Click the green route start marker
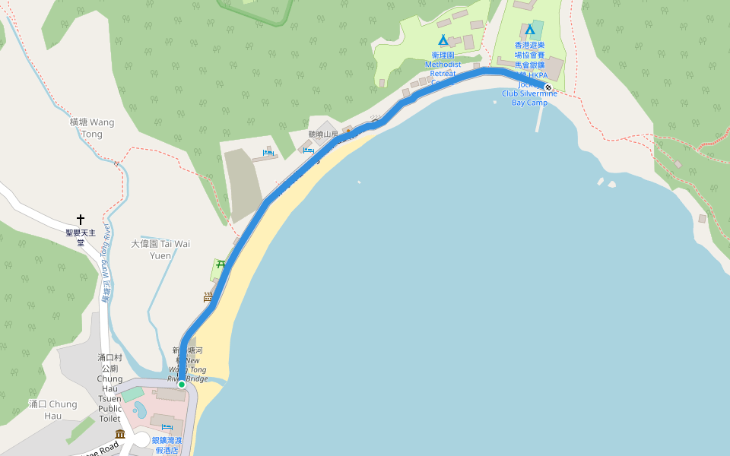click(182, 385)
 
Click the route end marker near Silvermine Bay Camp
click(548, 87)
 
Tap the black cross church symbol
click(81, 220)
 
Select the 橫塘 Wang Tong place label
click(91, 128)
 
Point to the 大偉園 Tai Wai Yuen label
click(160, 249)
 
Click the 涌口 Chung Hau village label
click(52, 410)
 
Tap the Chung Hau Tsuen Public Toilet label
click(109, 388)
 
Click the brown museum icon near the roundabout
click(120, 434)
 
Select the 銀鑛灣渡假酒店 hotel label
click(167, 445)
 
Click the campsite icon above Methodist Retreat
click(443, 40)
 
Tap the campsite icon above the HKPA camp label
click(530, 30)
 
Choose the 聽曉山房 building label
click(322, 135)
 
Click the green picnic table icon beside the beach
click(221, 265)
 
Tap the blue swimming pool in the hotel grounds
click(140, 410)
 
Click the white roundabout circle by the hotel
click(142, 440)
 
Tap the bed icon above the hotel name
click(167, 428)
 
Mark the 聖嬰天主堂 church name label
click(81, 237)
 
